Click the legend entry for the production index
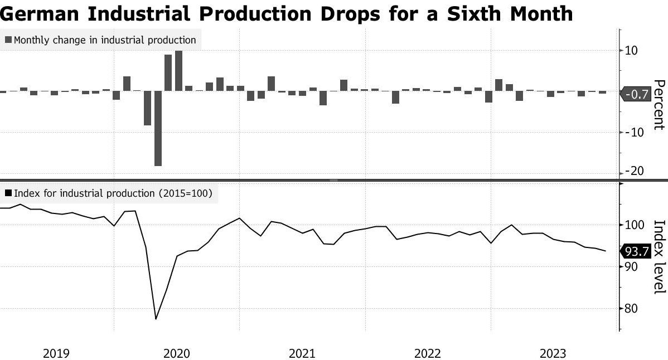(x=112, y=193)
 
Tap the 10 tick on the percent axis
(x=631, y=51)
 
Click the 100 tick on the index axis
(x=634, y=225)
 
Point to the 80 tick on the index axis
(x=631, y=308)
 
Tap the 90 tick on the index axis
(x=631, y=266)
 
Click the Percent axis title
(x=659, y=105)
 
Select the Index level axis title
(x=659, y=256)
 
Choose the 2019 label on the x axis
(x=56, y=353)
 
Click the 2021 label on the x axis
(x=302, y=353)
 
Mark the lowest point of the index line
(x=156, y=319)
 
